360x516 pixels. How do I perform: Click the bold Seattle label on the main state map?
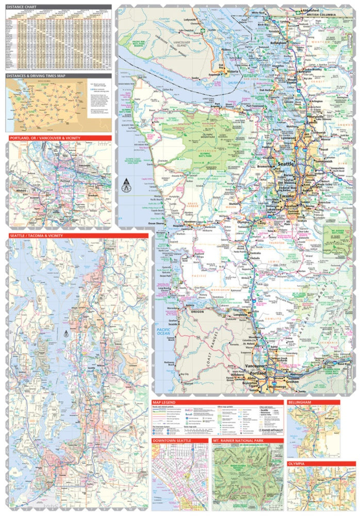[285, 164]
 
